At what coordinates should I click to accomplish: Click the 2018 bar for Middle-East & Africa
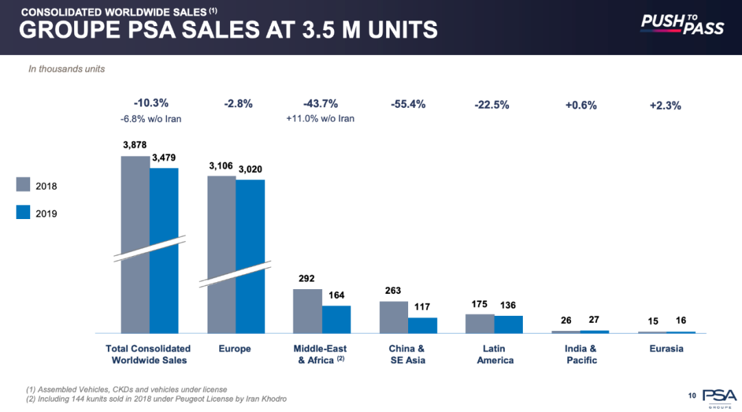click(307, 311)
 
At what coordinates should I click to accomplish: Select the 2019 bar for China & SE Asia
click(423, 325)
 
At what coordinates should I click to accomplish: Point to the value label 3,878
click(135, 146)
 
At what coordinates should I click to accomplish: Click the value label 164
click(336, 296)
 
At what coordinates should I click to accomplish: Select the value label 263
click(393, 291)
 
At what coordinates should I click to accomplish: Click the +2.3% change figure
click(665, 106)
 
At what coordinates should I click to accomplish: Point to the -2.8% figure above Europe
click(238, 104)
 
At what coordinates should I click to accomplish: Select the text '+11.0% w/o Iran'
click(320, 119)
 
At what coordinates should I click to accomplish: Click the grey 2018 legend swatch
click(23, 185)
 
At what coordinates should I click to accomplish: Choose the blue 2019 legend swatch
click(23, 212)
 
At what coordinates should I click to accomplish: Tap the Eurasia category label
click(666, 349)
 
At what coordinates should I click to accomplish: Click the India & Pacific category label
click(581, 354)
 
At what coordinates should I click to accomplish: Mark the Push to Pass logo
click(682, 25)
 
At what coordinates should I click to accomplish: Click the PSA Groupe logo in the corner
click(719, 397)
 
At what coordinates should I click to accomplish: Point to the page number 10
click(692, 395)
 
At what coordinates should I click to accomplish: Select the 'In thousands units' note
click(67, 69)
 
